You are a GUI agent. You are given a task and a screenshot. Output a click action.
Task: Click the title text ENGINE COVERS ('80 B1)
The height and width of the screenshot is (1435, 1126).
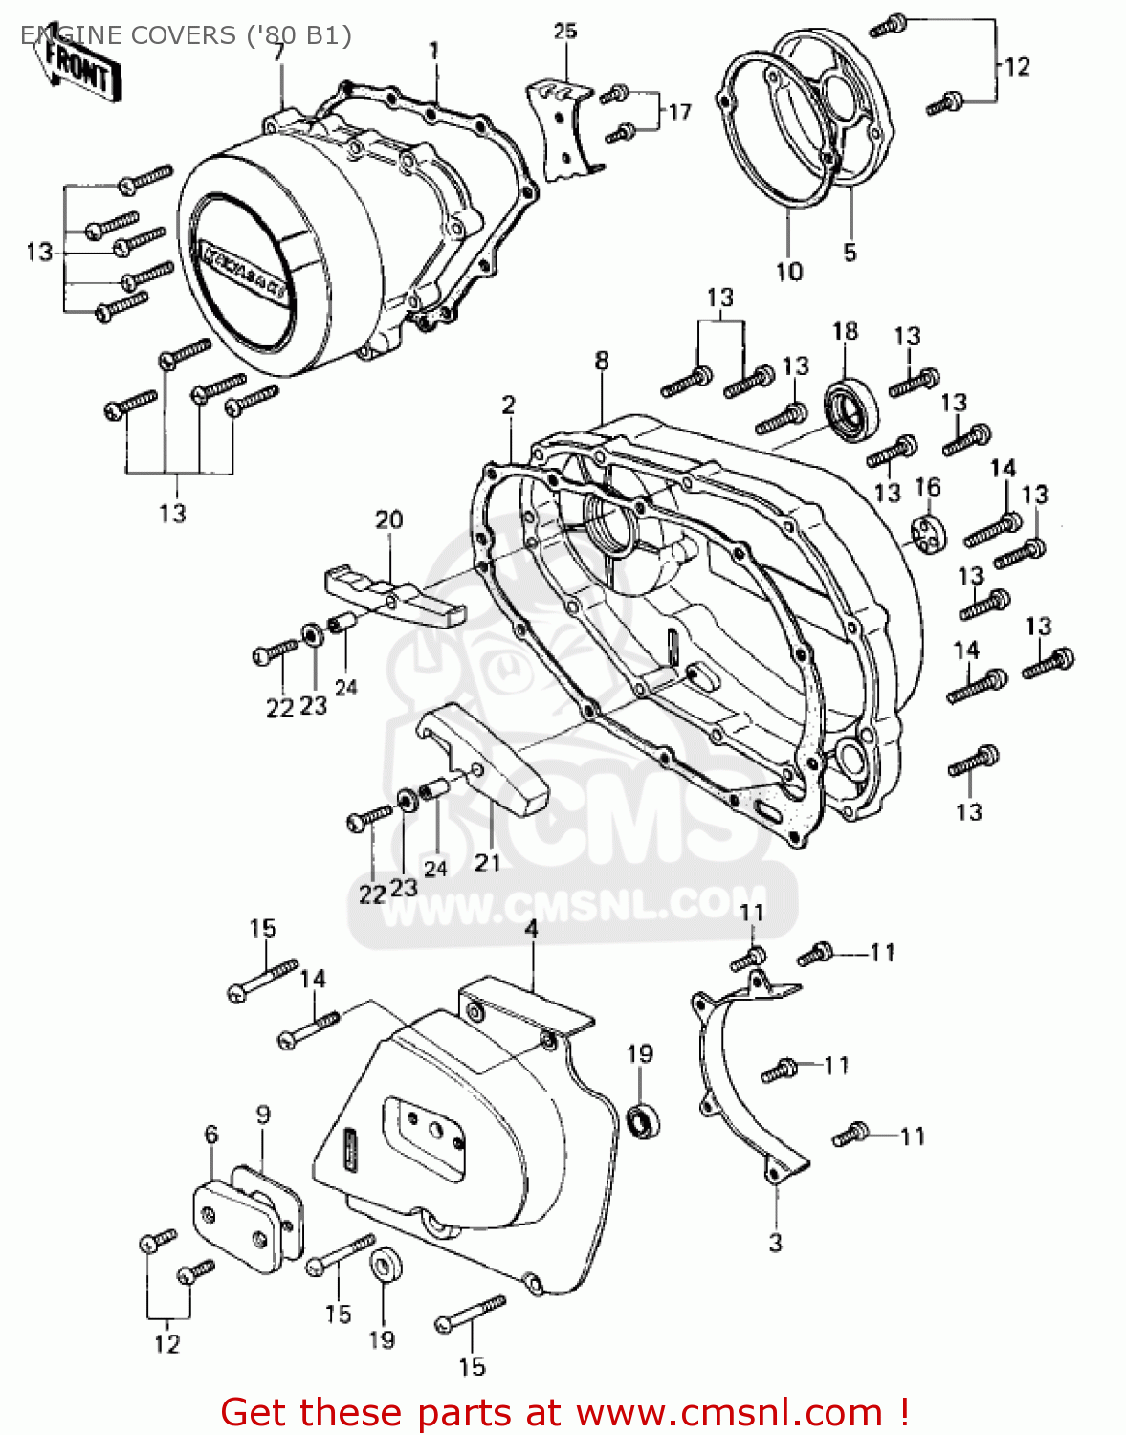[187, 35]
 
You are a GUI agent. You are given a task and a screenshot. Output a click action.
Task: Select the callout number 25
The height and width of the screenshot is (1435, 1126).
[565, 32]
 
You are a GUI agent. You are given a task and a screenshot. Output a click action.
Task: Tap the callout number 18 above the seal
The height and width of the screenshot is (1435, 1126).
[845, 332]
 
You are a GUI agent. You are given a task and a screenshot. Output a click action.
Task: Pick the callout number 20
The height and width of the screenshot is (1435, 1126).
[388, 520]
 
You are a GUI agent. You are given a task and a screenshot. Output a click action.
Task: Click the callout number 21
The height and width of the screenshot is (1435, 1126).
[487, 863]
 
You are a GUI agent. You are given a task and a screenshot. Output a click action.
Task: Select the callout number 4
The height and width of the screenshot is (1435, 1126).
[531, 929]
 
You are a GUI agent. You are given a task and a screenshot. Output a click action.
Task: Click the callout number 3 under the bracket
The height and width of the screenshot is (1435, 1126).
[775, 1243]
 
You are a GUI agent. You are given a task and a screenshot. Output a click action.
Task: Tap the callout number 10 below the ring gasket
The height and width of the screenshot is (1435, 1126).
[788, 272]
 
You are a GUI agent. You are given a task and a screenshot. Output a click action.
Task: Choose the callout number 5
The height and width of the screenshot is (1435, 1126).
[850, 253]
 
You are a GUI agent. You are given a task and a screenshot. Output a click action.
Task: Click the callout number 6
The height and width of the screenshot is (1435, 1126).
[211, 1135]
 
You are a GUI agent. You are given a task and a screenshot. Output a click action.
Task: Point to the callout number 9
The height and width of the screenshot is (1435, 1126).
[263, 1115]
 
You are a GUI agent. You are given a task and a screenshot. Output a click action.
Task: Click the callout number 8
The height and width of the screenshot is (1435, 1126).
[601, 361]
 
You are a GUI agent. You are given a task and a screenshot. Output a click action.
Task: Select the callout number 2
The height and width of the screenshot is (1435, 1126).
[508, 405]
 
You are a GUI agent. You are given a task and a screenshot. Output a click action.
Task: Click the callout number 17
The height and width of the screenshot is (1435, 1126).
[679, 113]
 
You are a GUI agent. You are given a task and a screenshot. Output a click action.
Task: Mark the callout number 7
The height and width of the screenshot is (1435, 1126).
[278, 53]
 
